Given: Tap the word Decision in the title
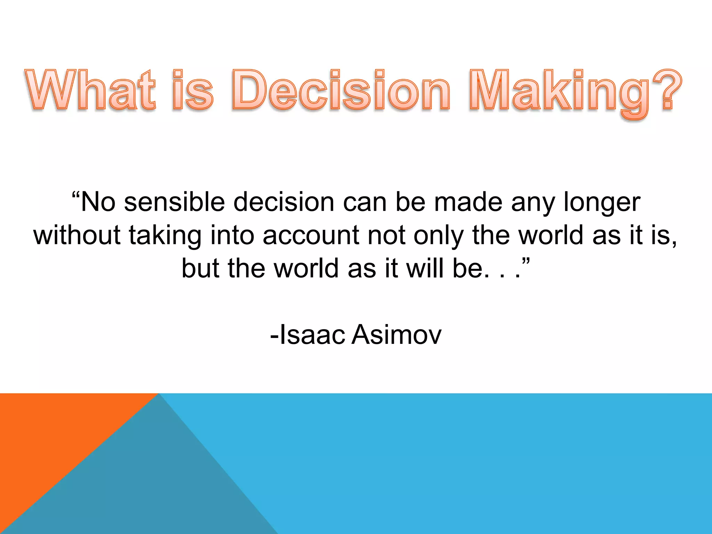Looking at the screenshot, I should click(341, 90).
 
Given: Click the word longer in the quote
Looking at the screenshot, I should click(602, 203).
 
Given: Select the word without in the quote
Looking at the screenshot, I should click(77, 235).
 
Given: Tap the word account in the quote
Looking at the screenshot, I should click(311, 235).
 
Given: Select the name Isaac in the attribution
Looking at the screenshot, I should click(311, 335).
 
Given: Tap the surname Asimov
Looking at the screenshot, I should click(396, 335).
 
